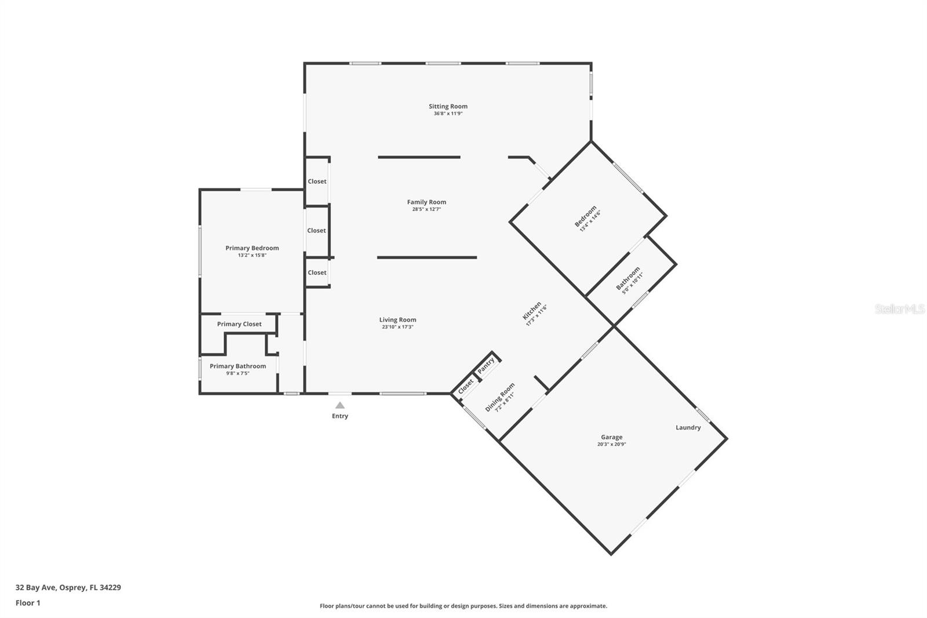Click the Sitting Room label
pos(448,106)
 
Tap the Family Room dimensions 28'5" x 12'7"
pos(426,209)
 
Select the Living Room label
pos(397,319)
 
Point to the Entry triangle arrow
pos(340,405)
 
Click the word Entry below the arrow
pos(340,416)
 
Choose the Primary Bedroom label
pos(252,248)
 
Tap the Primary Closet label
pos(239,324)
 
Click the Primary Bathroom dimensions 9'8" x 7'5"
pos(238,373)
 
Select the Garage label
pos(611,437)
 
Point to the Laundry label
pos(688,427)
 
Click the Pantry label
pos(486,365)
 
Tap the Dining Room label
pos(499,396)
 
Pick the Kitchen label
pos(531,311)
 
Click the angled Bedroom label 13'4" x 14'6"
pos(587,218)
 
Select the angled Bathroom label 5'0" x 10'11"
pos(629,279)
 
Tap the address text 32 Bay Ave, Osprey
pos(68,587)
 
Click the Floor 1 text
pos(28,603)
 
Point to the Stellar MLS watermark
pos(899,309)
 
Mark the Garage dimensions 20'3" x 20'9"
pos(611,445)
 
